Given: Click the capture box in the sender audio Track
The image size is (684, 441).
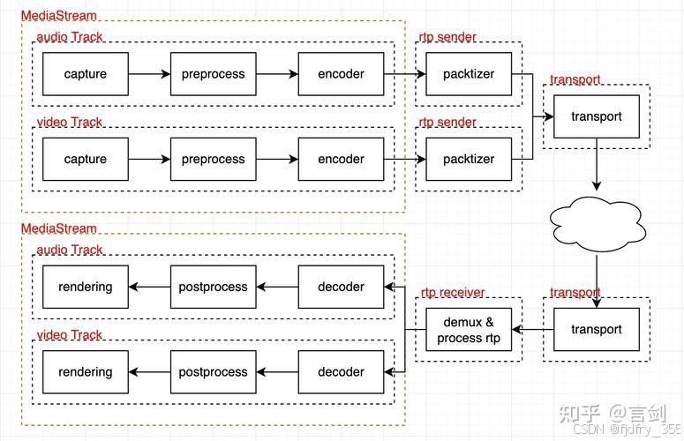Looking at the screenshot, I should coord(86,74).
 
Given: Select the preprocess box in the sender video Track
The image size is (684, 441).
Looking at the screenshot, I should coord(213,160).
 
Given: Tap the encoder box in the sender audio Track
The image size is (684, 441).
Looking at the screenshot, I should coord(341,74).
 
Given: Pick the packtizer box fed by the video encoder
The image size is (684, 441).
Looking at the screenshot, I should coord(469,160).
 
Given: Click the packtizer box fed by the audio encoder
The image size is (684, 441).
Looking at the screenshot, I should coord(469,74).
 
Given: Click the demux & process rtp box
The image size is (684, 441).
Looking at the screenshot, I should coord(469,330).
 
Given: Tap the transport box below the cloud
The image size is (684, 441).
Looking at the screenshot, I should coord(597,330).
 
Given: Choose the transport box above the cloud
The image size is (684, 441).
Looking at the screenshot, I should coord(597,116).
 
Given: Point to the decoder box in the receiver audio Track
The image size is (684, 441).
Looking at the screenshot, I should coord(341,287).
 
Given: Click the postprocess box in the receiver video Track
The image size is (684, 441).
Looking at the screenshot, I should coord(213,372).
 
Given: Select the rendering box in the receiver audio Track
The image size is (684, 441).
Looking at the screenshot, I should coord(86,287).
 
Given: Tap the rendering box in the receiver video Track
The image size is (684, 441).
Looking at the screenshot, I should coord(86,372).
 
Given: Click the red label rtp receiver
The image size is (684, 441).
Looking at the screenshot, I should coord(452,293).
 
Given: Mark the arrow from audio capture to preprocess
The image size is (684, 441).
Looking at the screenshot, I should coord(149,74).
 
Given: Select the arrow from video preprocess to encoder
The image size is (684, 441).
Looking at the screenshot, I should coord(277,160).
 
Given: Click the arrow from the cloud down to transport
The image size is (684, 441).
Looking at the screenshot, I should coord(597,273).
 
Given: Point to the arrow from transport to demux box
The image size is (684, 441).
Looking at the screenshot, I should coord(532,330).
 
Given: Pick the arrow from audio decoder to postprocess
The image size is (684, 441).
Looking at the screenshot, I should coord(277,287).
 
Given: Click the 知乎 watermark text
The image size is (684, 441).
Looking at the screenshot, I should coord(582,413).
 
